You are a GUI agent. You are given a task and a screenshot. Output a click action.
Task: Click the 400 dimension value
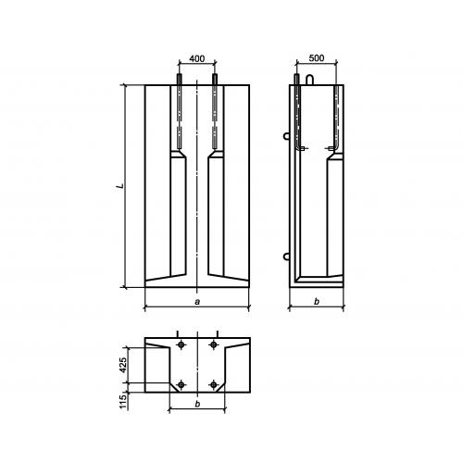(197, 58)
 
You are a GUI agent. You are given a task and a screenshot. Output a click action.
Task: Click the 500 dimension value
(317, 58)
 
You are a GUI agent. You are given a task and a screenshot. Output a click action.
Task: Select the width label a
(197, 302)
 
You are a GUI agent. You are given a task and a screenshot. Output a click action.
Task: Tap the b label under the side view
(317, 302)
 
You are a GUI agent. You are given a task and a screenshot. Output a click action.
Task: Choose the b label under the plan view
(197, 404)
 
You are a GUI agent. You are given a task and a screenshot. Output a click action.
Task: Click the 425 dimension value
(123, 365)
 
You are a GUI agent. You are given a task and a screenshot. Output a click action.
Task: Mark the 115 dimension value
(123, 402)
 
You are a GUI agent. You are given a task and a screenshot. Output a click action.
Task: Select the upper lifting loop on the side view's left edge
(285, 135)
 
